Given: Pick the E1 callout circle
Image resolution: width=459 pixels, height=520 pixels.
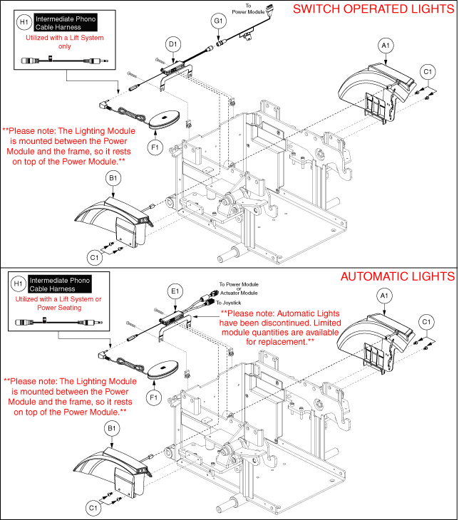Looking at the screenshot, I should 174,291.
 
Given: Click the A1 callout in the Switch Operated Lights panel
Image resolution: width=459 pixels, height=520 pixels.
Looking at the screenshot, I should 384,46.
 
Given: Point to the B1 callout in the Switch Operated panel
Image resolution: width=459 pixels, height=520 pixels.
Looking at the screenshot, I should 112,177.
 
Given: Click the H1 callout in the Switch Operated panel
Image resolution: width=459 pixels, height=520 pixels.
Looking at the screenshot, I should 24,22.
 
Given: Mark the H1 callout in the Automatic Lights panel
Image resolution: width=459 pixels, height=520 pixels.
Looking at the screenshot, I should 24,284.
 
